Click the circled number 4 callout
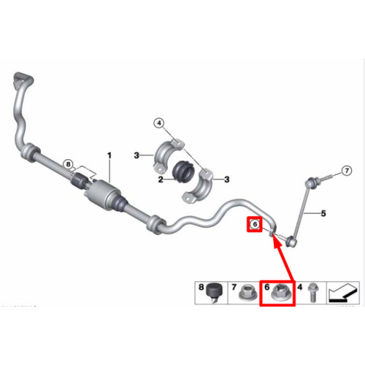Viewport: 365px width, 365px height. [159, 123]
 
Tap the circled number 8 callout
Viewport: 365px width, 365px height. [68, 164]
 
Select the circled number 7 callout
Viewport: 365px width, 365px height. [347, 170]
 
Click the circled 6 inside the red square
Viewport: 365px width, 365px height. [255, 224]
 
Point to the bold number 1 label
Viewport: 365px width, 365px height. [109, 155]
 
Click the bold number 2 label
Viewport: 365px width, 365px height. [161, 180]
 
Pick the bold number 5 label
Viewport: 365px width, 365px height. [323, 213]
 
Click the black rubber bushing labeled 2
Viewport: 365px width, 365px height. [183, 172]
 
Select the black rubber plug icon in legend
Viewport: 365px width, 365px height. [213, 292]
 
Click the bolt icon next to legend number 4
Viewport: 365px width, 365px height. [313, 293]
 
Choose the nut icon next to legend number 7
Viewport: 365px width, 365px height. [248, 293]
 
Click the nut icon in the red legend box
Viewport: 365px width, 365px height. [280, 293]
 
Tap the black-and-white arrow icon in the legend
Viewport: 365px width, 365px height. [343, 293]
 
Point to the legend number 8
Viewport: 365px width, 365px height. [201, 287]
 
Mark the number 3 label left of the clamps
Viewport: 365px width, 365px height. [137, 155]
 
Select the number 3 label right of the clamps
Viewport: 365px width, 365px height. [227, 180]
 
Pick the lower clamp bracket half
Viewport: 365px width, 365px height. [199, 188]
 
